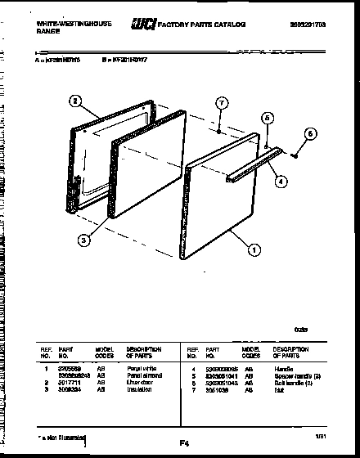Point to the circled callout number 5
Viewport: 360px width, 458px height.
point(265,118)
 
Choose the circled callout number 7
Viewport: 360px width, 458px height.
point(220,102)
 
